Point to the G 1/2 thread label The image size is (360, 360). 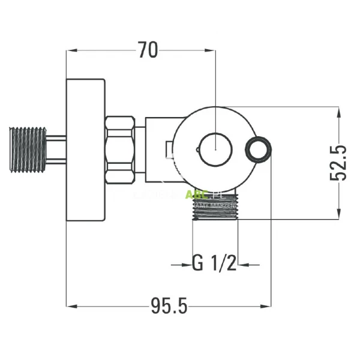click(214, 263)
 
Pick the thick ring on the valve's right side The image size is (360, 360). click(260, 148)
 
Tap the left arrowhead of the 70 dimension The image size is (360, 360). click(70, 51)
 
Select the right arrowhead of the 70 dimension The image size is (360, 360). click(210, 51)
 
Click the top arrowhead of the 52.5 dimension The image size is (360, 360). click(340, 112)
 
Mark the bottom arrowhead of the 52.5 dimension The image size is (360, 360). click(340, 214)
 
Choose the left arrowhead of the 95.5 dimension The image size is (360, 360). click(70, 307)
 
